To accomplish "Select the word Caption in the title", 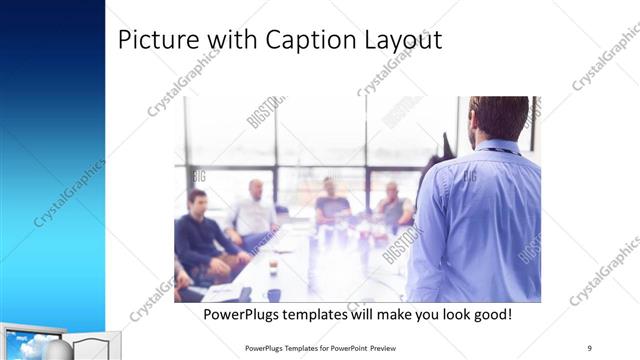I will click(x=303, y=41).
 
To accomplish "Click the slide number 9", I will click(x=590, y=347).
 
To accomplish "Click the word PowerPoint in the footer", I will click(x=343, y=347).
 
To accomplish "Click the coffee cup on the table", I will click(x=273, y=267).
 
